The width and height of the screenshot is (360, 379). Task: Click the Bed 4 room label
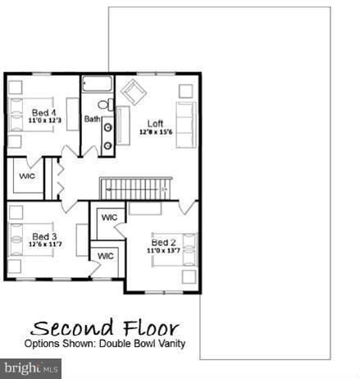[x=43, y=112]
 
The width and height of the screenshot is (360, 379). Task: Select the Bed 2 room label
[x=163, y=242]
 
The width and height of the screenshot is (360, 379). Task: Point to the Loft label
[x=156, y=123]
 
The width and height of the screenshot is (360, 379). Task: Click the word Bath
[x=92, y=120]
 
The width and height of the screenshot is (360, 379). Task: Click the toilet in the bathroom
[x=103, y=104]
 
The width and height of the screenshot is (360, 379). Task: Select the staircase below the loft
[x=134, y=189]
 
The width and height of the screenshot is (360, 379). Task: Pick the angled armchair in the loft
[x=132, y=93]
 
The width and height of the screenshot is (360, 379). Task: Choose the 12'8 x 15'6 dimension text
[x=156, y=131]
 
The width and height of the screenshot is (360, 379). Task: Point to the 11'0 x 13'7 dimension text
[x=163, y=250]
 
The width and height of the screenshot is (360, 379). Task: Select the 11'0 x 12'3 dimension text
[x=43, y=121]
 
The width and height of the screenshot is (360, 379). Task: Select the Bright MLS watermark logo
[x=31, y=368]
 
